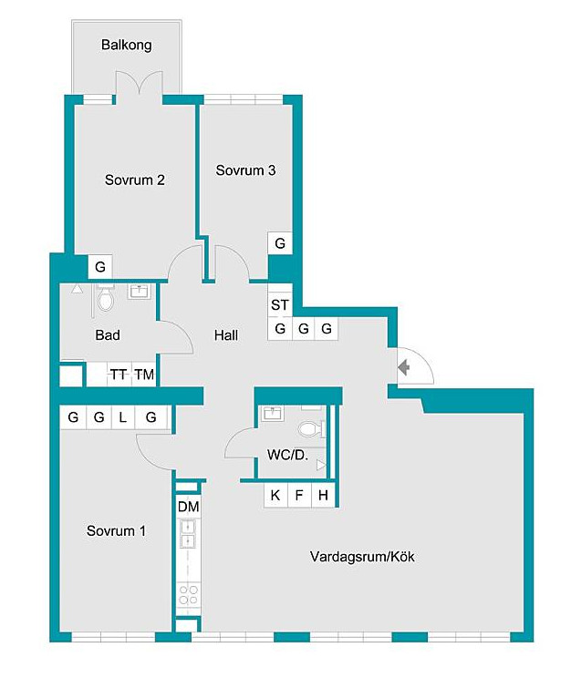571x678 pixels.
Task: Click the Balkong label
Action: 127,45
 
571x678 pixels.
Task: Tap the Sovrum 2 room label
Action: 135,180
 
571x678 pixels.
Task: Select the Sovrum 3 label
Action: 245,170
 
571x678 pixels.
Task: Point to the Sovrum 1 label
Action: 116,531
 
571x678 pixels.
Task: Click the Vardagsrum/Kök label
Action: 362,557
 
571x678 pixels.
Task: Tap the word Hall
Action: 226,335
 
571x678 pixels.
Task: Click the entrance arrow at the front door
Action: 404,367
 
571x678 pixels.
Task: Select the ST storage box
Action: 280,305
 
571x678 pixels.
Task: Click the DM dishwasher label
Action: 188,507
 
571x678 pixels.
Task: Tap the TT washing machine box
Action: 119,374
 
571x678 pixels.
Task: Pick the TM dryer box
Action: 144,374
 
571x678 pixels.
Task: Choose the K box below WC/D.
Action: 275,495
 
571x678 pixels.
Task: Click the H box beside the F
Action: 323,495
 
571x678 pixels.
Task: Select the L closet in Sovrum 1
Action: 123,417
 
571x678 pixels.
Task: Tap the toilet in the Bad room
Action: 105,299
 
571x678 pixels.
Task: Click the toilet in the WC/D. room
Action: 311,429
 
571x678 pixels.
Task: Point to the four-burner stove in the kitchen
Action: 188,594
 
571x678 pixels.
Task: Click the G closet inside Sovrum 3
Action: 280,243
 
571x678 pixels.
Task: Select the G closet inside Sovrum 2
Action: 100,266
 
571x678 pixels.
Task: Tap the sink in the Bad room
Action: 139,292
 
